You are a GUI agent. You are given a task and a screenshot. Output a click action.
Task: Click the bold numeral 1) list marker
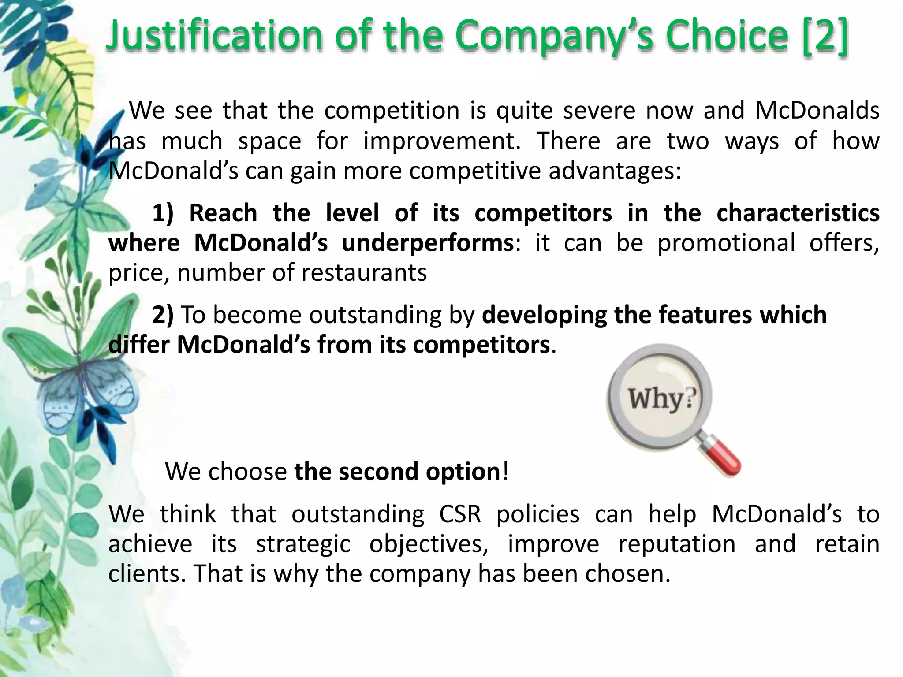[x=163, y=213]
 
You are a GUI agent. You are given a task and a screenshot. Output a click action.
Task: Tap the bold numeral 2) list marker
[x=163, y=315]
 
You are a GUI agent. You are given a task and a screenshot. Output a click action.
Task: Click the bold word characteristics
[x=798, y=213]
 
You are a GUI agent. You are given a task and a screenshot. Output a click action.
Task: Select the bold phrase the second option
[x=397, y=472]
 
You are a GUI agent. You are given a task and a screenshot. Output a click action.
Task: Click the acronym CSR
[x=460, y=514]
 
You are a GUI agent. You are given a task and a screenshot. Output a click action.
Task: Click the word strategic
[x=303, y=544]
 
